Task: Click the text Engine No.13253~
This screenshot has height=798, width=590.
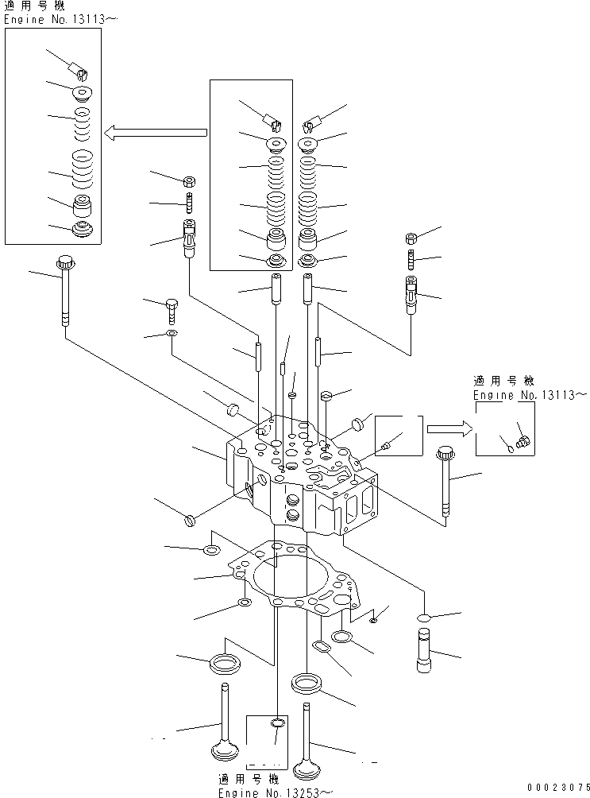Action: pos(274,792)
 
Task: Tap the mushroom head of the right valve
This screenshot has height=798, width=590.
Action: pos(307,769)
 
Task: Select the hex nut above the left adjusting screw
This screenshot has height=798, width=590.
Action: pos(191,180)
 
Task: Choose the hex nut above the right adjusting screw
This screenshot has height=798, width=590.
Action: pos(411,238)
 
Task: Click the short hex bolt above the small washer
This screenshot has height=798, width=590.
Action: pos(173,307)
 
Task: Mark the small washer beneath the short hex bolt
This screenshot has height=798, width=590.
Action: pos(172,332)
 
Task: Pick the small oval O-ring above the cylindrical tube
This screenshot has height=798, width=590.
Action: pos(423,618)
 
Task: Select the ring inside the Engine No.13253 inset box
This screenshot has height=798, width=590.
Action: pos(276,723)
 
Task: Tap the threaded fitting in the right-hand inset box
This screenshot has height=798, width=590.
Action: pos(522,437)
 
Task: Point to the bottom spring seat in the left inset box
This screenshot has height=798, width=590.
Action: pos(83,230)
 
